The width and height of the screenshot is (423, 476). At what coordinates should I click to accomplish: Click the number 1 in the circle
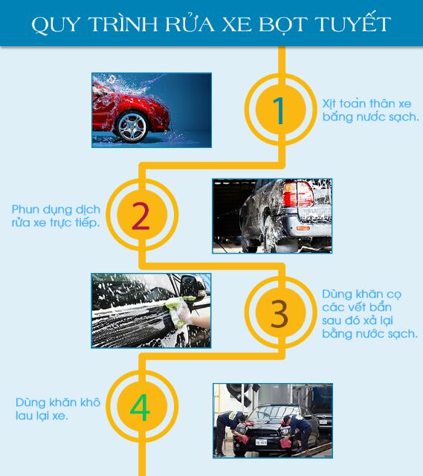[x=279, y=111]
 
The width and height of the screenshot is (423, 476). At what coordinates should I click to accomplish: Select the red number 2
[x=141, y=216]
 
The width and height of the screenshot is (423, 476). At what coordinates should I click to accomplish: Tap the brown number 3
[x=280, y=314]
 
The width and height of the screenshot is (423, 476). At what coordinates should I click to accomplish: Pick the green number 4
[x=140, y=408]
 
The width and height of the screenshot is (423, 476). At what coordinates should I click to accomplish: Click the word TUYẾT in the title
[x=353, y=24]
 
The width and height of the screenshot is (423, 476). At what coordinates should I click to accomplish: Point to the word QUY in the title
[x=56, y=25]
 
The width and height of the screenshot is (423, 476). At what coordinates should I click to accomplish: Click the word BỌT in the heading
[x=282, y=25]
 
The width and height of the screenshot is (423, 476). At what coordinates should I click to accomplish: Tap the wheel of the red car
[x=132, y=126]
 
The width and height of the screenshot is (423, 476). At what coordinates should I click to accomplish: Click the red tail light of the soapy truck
[x=297, y=193]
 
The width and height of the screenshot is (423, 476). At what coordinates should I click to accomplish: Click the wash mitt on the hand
[x=179, y=312]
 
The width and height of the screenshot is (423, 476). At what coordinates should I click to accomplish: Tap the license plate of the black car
[x=261, y=442]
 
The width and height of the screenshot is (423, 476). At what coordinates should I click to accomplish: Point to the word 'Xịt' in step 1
[x=329, y=104]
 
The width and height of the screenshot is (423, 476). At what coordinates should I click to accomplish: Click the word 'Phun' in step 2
[x=25, y=210]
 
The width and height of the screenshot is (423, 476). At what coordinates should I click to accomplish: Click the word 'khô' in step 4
[x=90, y=402]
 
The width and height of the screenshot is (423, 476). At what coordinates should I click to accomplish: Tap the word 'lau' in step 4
[x=24, y=416]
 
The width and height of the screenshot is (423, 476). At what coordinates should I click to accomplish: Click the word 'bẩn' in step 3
[x=381, y=307]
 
